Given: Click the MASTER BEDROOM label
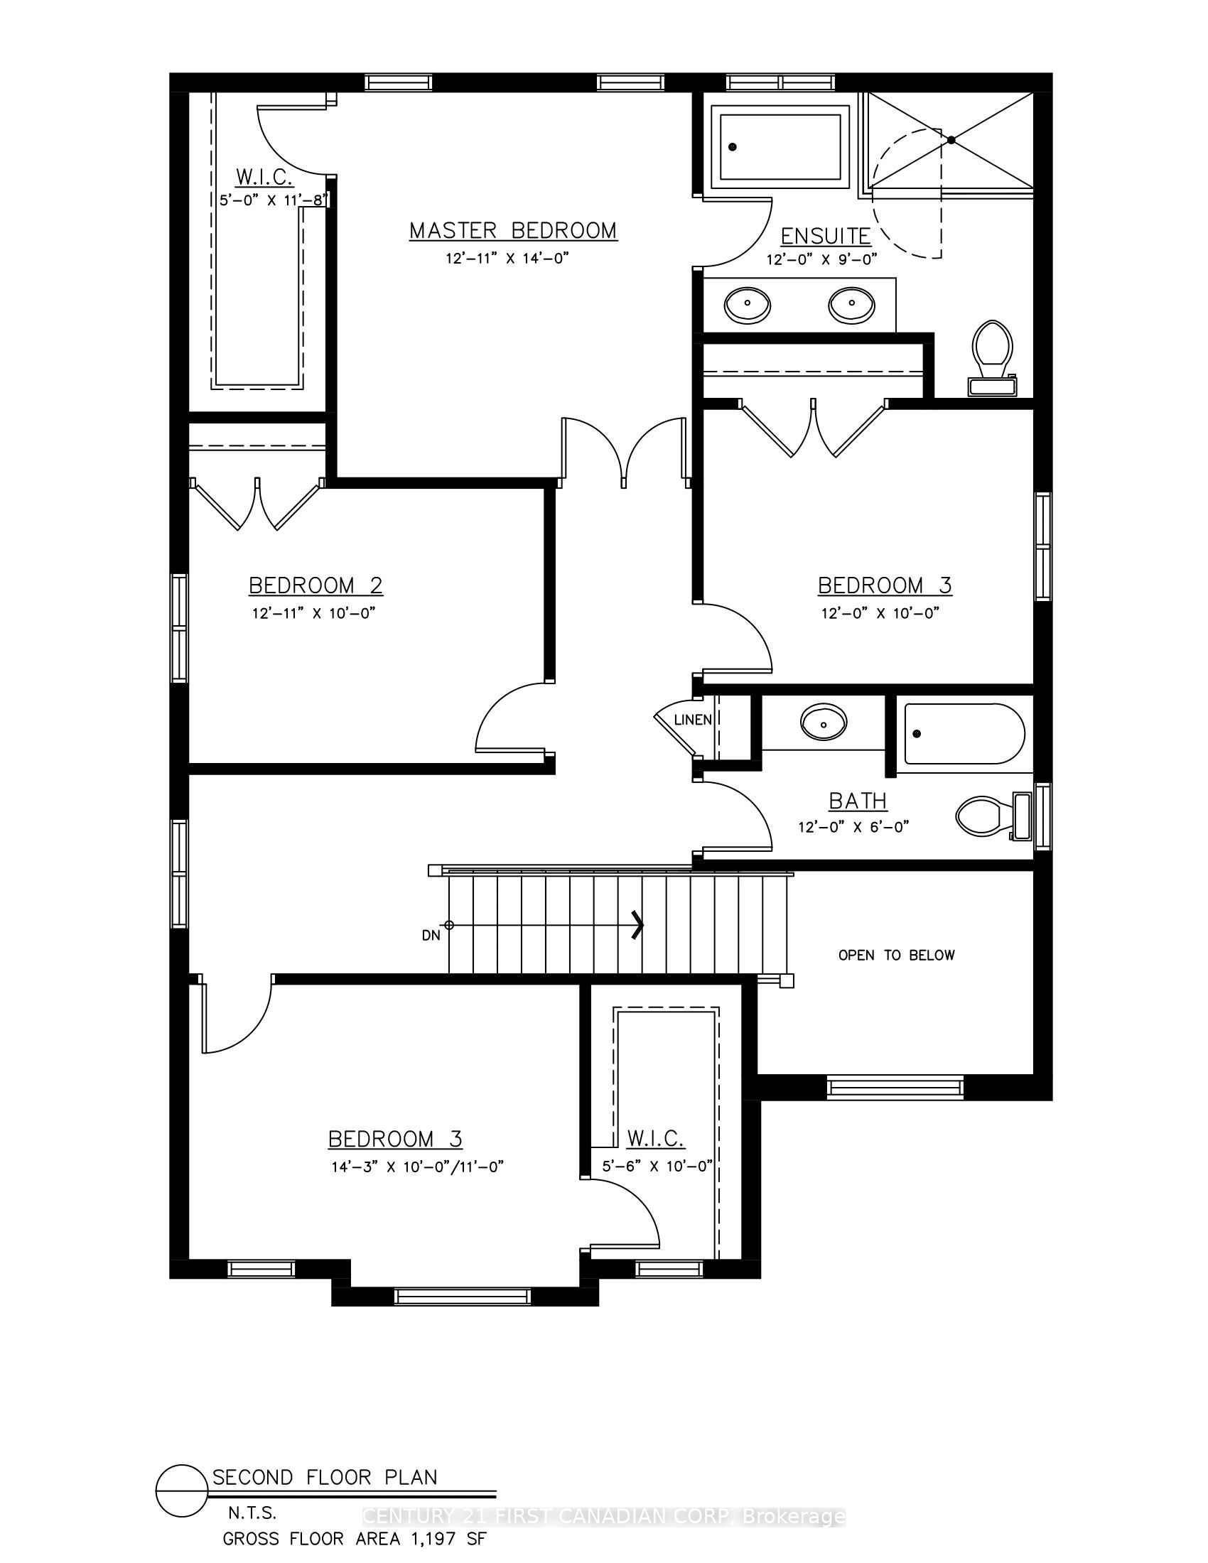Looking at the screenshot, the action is pos(513,230).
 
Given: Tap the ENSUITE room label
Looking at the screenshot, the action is pos(825,236).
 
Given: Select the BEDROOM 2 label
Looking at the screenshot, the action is pos(316,585).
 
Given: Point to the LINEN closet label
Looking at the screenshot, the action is pos(693,720).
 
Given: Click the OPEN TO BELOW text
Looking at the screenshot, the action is pos(897,955).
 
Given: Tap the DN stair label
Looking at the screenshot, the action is pos(431,935).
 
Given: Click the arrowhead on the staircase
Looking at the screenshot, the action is pos(637,924).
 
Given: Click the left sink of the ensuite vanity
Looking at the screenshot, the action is pos(748,305).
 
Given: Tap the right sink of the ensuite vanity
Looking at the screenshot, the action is pos(851,305).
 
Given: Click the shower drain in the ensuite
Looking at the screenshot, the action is pos(951,140).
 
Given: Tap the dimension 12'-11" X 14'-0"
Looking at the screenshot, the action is pos(507,259).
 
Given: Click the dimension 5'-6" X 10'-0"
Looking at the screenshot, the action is pos(658,1167).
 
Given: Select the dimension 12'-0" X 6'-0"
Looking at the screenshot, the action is pos(853,827).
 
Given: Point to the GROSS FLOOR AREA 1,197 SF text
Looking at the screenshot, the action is pos(355,1539).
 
